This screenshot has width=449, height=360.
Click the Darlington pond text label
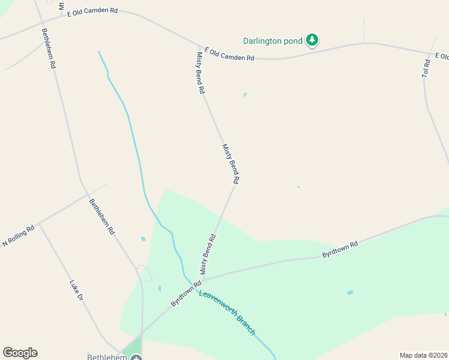click(273, 41)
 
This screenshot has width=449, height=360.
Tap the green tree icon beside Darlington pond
click(312, 40)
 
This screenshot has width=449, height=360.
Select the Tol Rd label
click(426, 68)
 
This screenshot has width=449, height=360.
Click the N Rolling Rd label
click(19, 235)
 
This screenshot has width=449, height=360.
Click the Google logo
click(20, 353)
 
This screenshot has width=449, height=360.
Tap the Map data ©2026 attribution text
click(423, 355)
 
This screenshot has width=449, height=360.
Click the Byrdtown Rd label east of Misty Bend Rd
click(340, 250)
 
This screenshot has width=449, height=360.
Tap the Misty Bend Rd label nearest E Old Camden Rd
click(201, 73)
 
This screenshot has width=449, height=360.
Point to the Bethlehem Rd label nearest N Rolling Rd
click(101, 217)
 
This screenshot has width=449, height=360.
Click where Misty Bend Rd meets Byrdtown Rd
click(203, 280)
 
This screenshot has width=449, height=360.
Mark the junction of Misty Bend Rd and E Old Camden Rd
click(200, 47)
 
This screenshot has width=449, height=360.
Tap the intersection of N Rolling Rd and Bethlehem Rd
click(87, 195)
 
